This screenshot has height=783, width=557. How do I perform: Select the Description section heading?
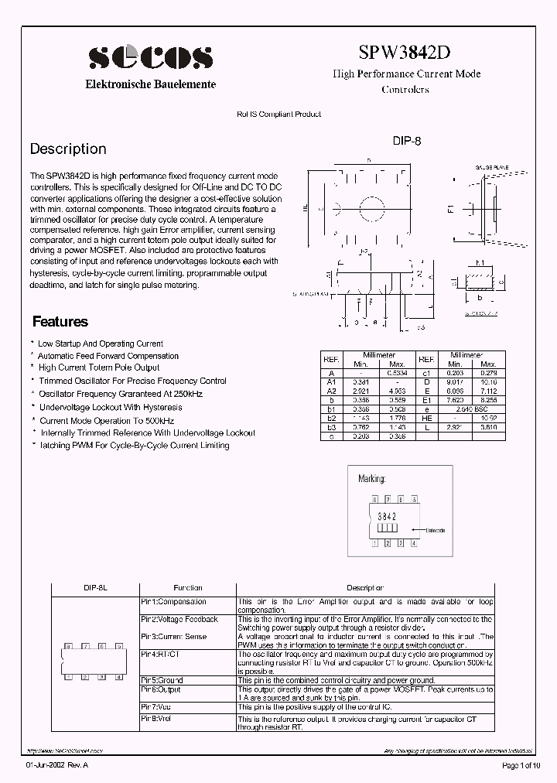(68, 149)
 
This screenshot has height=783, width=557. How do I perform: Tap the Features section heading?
(60, 322)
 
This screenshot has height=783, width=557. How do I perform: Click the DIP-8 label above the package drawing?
(406, 142)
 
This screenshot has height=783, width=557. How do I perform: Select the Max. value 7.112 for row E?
(488, 391)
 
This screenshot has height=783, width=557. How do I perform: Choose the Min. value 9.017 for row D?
(455, 381)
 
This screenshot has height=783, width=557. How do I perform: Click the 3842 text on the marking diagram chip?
(386, 515)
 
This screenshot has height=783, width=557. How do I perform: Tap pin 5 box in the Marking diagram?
(415, 500)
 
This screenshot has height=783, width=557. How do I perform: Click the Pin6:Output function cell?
(161, 689)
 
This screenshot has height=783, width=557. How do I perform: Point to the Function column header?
(188, 588)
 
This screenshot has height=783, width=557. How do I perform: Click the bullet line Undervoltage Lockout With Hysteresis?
(111, 407)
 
